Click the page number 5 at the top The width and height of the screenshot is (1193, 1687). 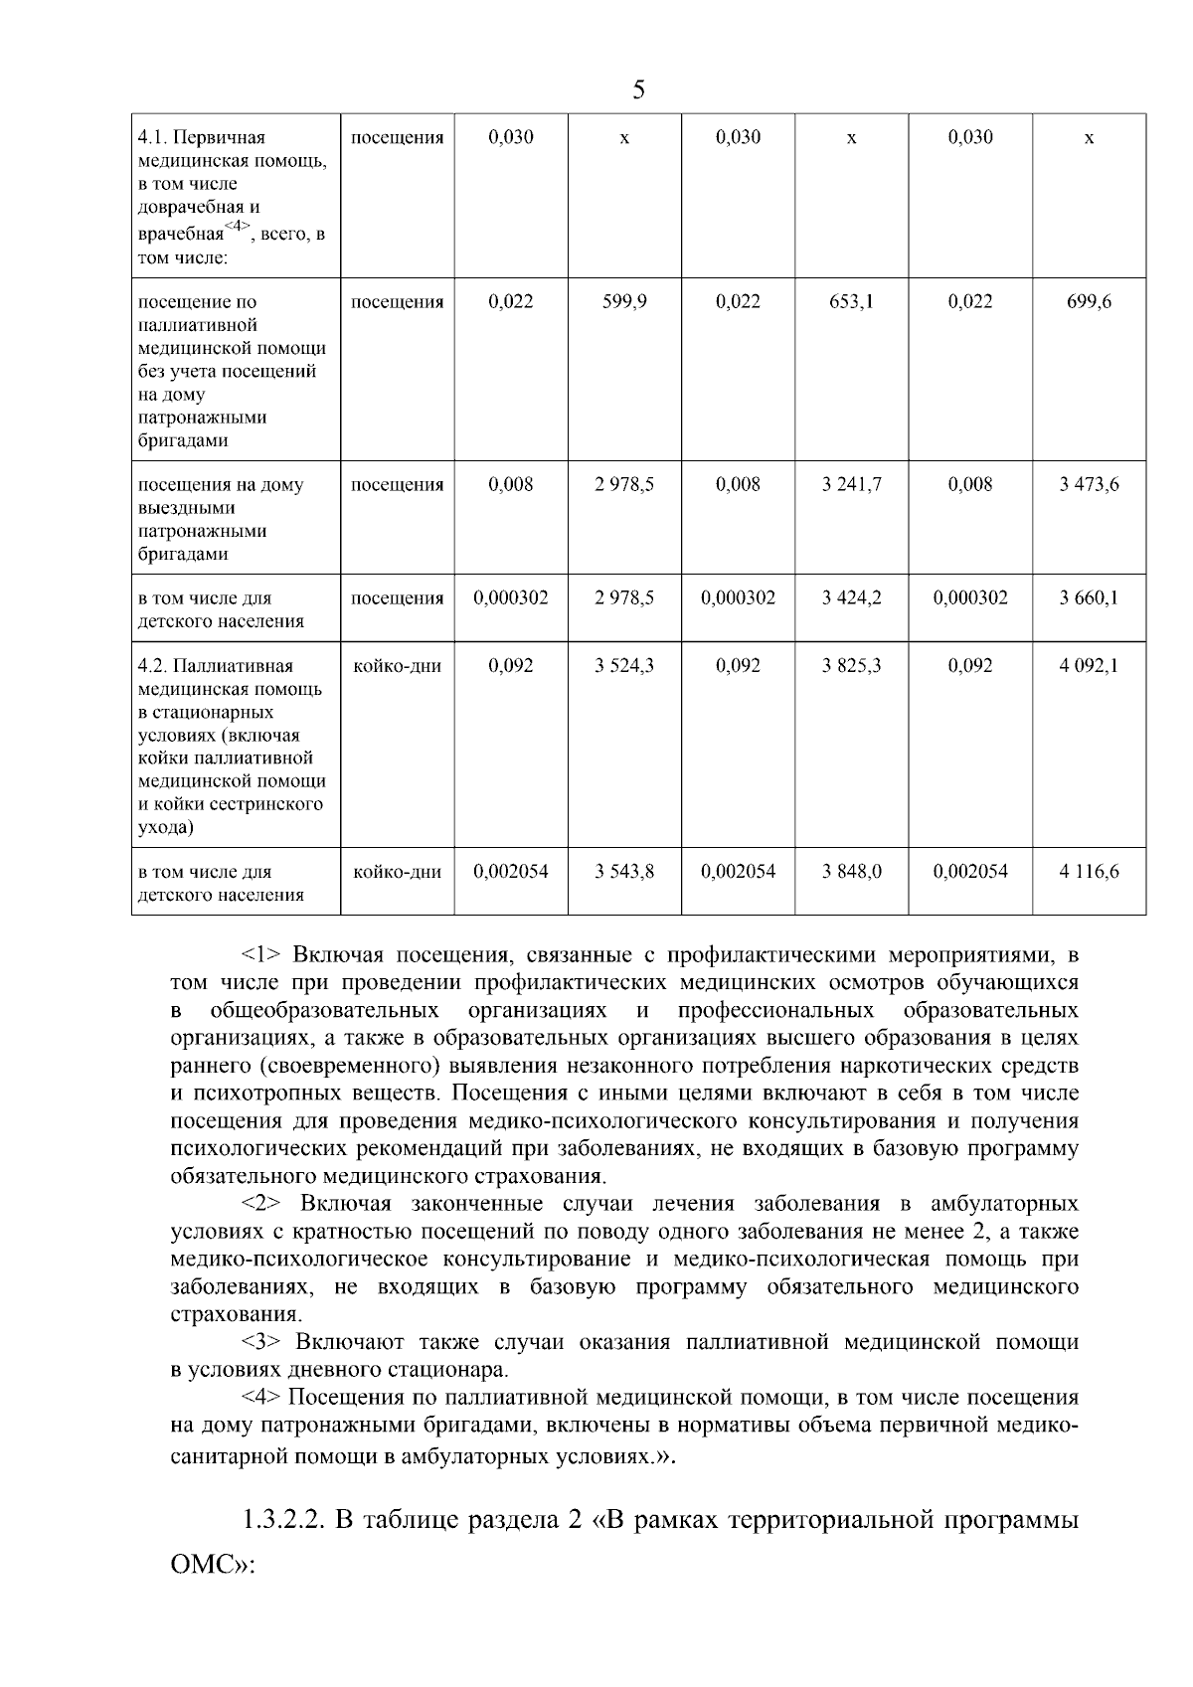pyautogui.click(x=638, y=90)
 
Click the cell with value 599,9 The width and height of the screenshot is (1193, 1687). pyautogui.click(x=624, y=302)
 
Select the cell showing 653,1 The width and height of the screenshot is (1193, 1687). pyautogui.click(x=851, y=302)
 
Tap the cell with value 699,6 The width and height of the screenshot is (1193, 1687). pyautogui.click(x=1089, y=302)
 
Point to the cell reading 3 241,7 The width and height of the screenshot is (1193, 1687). pyautogui.click(x=851, y=485)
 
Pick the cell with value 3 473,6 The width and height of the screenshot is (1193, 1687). pyautogui.click(x=1089, y=485)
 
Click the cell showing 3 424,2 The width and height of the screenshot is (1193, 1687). pyautogui.click(x=851, y=598)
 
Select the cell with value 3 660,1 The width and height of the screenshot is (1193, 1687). pyautogui.click(x=1089, y=598)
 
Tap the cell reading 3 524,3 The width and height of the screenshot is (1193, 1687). pyautogui.click(x=624, y=666)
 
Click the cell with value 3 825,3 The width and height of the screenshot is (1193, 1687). pyautogui.click(x=851, y=666)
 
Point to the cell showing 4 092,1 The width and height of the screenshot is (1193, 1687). pyautogui.click(x=1089, y=666)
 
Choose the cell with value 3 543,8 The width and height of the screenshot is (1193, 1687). pyautogui.click(x=624, y=872)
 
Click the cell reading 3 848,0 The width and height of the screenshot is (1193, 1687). pyautogui.click(x=851, y=872)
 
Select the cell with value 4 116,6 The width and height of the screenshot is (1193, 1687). pyautogui.click(x=1089, y=872)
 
